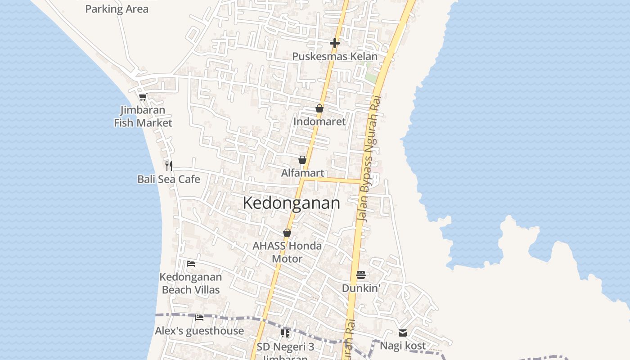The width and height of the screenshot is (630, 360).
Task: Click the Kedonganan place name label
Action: [x=291, y=203]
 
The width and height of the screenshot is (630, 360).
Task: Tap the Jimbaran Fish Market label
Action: [x=143, y=116]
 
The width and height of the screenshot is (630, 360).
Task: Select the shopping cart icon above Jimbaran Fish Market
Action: [x=143, y=96]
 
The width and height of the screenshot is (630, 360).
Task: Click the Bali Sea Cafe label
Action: [x=169, y=179]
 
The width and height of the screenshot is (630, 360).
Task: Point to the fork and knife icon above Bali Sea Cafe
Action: [x=169, y=166]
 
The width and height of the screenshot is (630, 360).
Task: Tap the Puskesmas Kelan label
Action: [x=335, y=56]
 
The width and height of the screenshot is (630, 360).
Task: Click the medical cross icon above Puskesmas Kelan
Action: [x=335, y=43]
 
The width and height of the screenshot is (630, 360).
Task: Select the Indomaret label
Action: [x=319, y=121]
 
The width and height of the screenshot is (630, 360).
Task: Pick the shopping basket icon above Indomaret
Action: [x=319, y=108]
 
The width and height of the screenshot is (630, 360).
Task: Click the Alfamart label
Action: [x=302, y=173]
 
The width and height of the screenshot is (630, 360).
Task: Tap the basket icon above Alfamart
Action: [x=302, y=160]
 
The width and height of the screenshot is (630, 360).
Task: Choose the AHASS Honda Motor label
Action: [x=287, y=252]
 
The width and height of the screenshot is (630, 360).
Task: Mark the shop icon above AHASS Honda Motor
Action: [x=287, y=233]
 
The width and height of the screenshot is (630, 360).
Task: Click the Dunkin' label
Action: [x=361, y=288]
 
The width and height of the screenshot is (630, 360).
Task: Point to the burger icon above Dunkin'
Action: [x=361, y=274]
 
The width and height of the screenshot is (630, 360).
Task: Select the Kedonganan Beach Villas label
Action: [x=191, y=283]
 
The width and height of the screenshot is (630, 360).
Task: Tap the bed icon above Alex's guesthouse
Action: [x=199, y=317]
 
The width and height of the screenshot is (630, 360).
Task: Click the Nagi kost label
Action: [x=403, y=346]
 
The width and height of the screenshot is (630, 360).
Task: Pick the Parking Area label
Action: [x=117, y=9]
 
